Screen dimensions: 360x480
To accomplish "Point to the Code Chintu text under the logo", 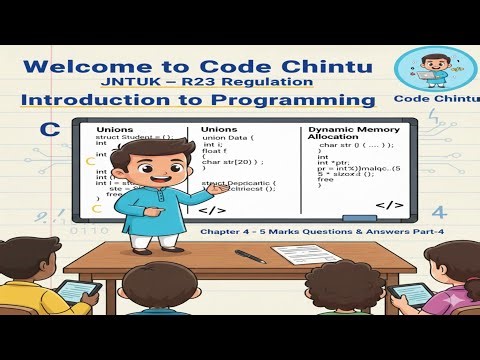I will (x=428, y=99).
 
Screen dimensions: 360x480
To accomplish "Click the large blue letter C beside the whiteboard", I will (x=47, y=129).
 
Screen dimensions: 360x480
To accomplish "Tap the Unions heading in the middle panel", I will (x=220, y=131).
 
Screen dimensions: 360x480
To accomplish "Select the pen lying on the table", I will (x=249, y=257).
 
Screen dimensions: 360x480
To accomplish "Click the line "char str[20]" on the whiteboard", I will (x=231, y=161).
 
